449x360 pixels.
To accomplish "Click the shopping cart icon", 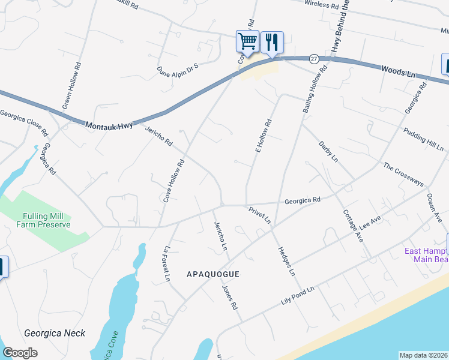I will tap(247, 41).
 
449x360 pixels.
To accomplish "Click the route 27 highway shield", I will tap(314, 59).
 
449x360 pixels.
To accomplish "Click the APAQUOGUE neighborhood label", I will tap(213, 274).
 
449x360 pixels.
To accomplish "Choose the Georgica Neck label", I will tap(55, 333).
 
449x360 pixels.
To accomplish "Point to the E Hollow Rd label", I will tap(264, 136).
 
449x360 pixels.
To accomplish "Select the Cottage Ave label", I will tap(353, 225).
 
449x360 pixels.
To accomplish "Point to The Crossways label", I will tap(403, 175).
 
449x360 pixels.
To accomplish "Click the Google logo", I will tap(20, 353).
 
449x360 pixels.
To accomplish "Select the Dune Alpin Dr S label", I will tap(178, 68).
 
